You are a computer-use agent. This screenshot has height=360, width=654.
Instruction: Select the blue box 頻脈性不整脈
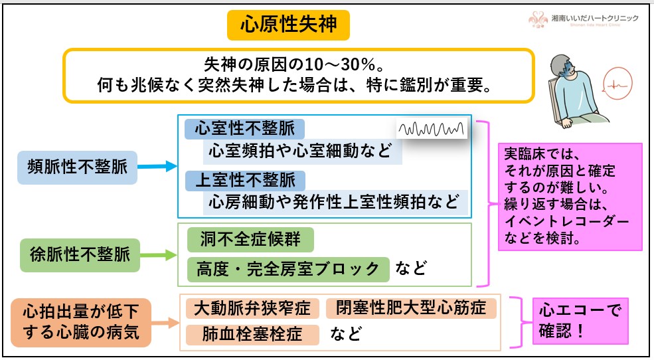[78, 165]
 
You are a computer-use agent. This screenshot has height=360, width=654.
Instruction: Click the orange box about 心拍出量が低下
[81, 321]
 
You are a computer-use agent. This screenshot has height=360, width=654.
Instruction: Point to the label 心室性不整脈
[244, 128]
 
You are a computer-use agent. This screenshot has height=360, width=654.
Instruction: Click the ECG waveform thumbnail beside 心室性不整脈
[432, 128]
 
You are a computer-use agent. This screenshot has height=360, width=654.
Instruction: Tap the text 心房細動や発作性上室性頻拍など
[335, 202]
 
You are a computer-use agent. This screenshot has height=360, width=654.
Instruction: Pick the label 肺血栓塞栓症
[252, 334]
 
